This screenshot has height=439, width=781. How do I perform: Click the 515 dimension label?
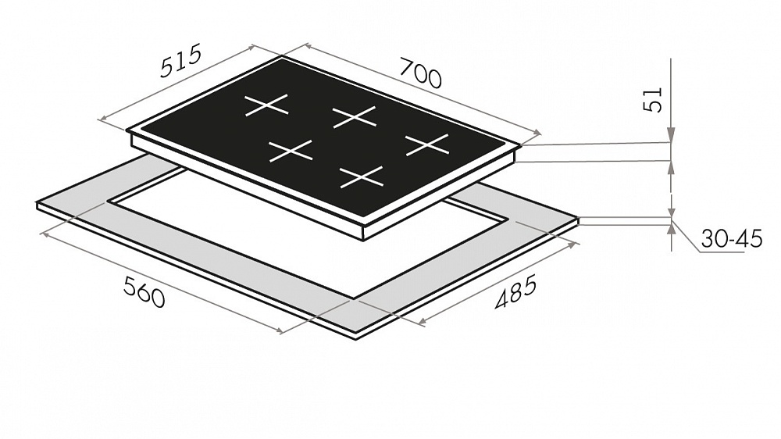click(x=181, y=61)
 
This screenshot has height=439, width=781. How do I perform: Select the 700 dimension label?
click(x=421, y=73)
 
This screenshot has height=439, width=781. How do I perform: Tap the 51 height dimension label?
click(x=654, y=99)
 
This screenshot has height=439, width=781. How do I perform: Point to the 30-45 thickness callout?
click(x=732, y=239)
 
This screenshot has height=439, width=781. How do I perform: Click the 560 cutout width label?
click(x=144, y=292)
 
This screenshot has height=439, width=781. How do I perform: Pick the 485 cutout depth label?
click(x=516, y=291)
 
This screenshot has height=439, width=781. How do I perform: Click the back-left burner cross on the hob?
click(x=266, y=105)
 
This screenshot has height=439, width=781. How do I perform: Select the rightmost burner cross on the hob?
click(x=427, y=145)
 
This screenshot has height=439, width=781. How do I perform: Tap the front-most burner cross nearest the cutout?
click(x=362, y=177)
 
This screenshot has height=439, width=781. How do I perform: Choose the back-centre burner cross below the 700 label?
click(x=355, y=116)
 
